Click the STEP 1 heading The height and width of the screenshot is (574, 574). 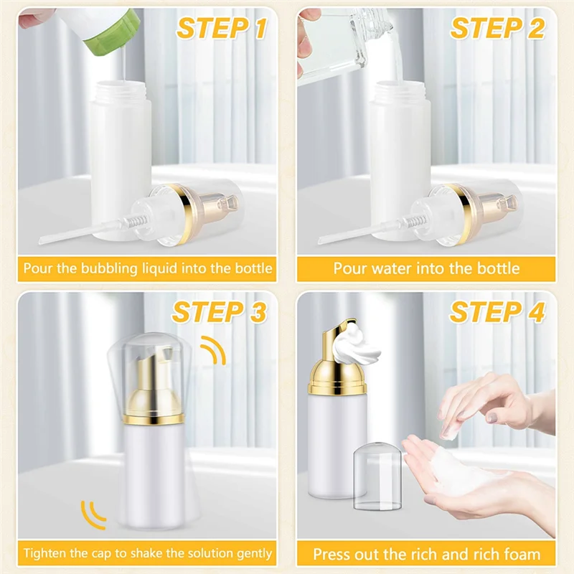(x=222, y=29)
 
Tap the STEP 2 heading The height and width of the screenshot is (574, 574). (x=497, y=28)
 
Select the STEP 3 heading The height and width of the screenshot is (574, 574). (x=220, y=312)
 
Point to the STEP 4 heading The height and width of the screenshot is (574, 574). (x=497, y=312)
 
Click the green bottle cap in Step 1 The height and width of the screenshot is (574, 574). (x=114, y=34)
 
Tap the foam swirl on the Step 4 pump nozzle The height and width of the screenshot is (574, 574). (x=355, y=344)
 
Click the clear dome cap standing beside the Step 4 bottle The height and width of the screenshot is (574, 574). (x=377, y=476)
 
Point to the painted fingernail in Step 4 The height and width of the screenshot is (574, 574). (x=492, y=417)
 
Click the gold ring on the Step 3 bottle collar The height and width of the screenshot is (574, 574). (x=154, y=419)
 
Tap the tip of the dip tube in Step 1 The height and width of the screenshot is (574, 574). (x=40, y=241)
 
